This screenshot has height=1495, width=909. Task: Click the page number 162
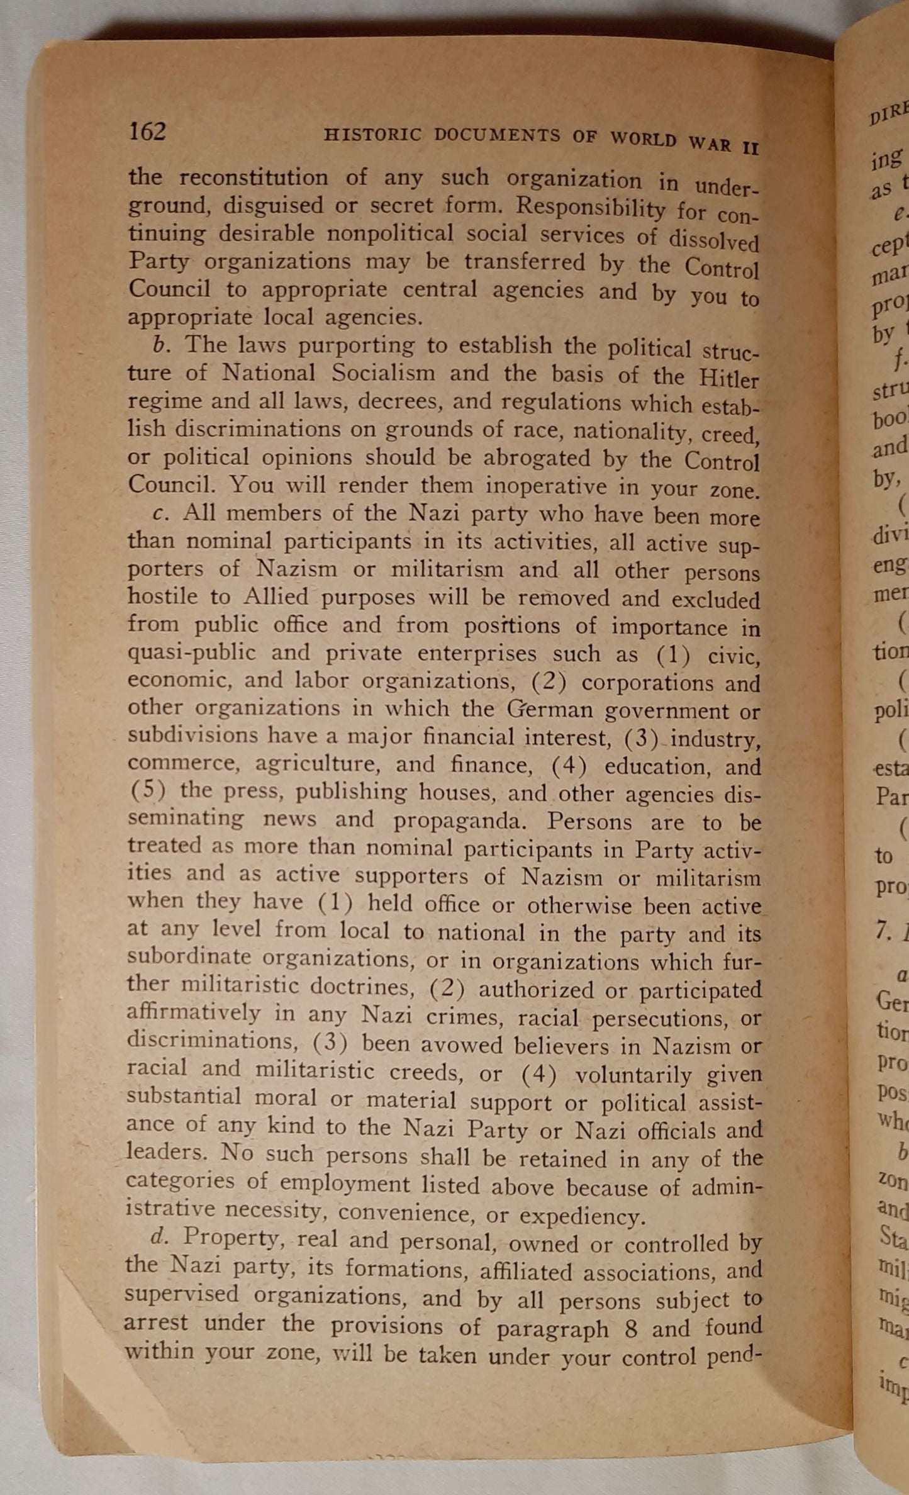pyautogui.click(x=147, y=132)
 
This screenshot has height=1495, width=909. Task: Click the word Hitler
pyautogui.click(x=728, y=379)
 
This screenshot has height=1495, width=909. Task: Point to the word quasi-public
pyautogui.click(x=192, y=652)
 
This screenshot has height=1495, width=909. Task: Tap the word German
pyautogui.click(x=550, y=710)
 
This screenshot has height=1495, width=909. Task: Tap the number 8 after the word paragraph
pyautogui.click(x=631, y=1328)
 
